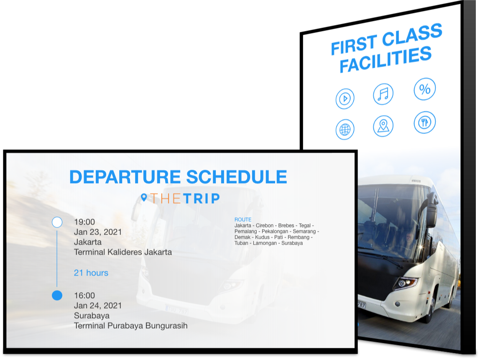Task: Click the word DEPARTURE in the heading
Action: click(x=125, y=177)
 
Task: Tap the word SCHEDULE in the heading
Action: click(x=237, y=177)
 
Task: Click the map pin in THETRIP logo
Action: click(x=144, y=198)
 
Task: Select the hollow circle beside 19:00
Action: click(x=57, y=222)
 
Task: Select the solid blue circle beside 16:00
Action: click(x=57, y=296)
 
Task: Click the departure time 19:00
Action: click(x=84, y=222)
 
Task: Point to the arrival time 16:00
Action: click(x=84, y=296)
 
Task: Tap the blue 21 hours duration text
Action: click(x=91, y=273)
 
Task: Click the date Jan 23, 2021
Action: click(x=98, y=232)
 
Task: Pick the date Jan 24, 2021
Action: click(x=98, y=306)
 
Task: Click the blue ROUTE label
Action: click(x=243, y=220)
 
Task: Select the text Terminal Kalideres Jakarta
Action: click(x=123, y=252)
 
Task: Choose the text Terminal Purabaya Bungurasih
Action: click(x=131, y=326)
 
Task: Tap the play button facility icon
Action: click(x=345, y=99)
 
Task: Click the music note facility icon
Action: click(x=383, y=94)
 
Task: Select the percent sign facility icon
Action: click(x=424, y=89)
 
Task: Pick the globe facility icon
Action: click(x=345, y=130)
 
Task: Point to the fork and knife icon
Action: click(x=424, y=123)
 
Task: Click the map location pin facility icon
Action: click(x=383, y=126)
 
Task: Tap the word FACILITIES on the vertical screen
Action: click(x=386, y=60)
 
